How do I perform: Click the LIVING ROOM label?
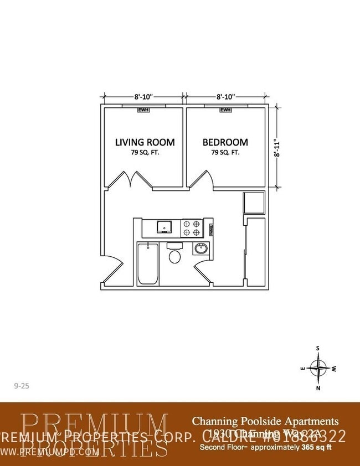[145, 142]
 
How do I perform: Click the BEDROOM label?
[225, 142]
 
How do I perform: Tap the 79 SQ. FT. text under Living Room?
[145, 152]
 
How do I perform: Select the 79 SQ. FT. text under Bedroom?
[225, 152]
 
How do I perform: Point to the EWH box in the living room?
[145, 110]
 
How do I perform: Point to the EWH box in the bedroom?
[225, 110]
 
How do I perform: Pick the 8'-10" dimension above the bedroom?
[225, 96]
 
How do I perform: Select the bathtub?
[147, 263]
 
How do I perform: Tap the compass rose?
[318, 367]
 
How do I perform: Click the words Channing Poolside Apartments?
[265, 422]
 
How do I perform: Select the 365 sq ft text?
[316, 447]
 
